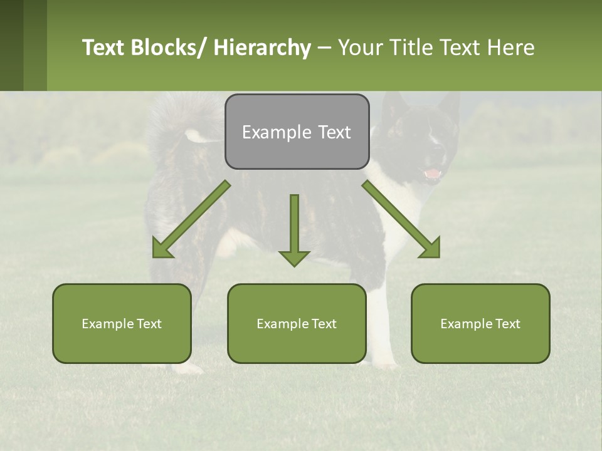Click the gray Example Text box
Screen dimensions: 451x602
click(x=297, y=132)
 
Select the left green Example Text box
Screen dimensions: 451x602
click(x=122, y=323)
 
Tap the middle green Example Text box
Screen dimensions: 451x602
click(x=297, y=323)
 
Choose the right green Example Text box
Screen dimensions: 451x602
click(x=480, y=323)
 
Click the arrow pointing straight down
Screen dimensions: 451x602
click(x=294, y=232)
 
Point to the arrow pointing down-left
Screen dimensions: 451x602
click(x=188, y=222)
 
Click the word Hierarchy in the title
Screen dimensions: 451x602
click(x=262, y=48)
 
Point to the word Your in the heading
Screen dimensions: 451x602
click(x=361, y=48)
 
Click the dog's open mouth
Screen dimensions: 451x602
click(x=433, y=173)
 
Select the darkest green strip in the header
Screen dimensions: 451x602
click(x=11, y=45)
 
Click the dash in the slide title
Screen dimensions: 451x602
click(x=324, y=48)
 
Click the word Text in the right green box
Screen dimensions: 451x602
click(x=507, y=323)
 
